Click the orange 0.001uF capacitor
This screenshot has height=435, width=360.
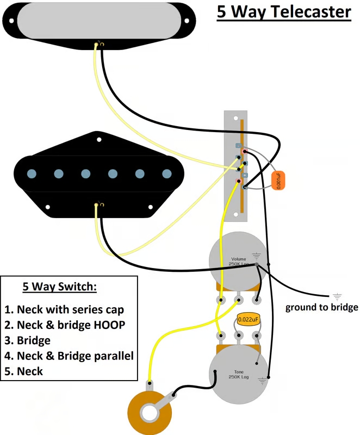tap(277, 179)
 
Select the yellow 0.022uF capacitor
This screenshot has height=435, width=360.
tap(248, 319)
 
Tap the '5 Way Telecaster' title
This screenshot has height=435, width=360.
tap(284, 12)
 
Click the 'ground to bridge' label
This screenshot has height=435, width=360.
tap(322, 308)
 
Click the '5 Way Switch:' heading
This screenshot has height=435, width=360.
tap(60, 287)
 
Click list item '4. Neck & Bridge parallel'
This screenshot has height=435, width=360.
tap(69, 357)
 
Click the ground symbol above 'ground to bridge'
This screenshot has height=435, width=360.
tap(337, 296)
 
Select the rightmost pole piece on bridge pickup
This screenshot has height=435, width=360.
tap(167, 174)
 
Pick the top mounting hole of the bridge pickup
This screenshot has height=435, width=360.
tap(100, 140)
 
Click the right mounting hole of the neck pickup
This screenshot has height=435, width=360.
tap(187, 22)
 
